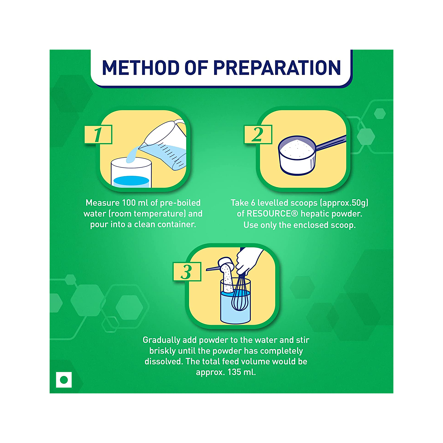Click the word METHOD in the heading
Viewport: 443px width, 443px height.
click(x=141, y=68)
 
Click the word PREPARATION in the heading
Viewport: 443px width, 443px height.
click(x=277, y=68)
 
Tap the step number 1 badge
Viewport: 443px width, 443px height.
click(x=98, y=135)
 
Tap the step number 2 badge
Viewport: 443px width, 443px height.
click(x=258, y=135)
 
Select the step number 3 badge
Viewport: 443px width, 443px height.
click(x=187, y=272)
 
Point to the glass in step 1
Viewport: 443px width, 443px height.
click(x=131, y=173)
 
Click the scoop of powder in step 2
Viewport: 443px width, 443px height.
click(x=297, y=155)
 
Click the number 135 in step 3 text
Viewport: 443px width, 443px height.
click(x=234, y=372)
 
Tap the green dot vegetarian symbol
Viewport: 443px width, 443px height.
click(x=64, y=380)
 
